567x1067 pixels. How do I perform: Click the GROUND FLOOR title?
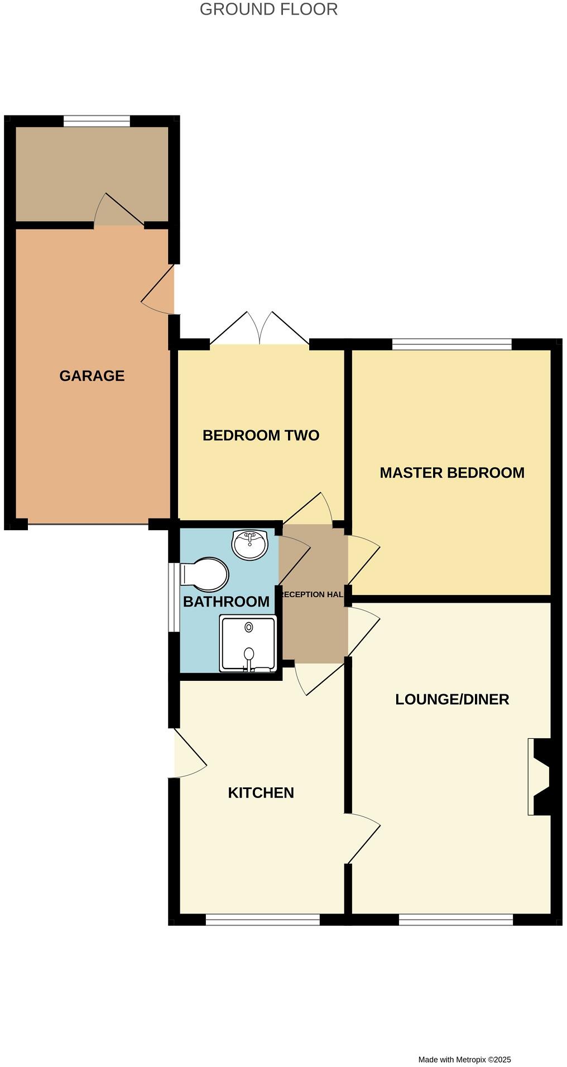point(268,9)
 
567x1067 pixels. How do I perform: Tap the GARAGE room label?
point(92,376)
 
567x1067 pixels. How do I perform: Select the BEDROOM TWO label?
point(261,435)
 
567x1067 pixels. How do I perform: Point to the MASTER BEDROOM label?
point(452,473)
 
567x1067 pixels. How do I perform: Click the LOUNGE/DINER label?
point(452,699)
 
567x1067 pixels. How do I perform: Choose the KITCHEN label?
point(261,792)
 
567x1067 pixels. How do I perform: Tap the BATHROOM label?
point(226,602)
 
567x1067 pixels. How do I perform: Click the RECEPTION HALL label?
point(313,594)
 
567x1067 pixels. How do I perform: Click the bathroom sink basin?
point(250,545)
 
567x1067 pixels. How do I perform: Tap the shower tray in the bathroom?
point(248,643)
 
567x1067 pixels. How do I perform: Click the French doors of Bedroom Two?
point(260,329)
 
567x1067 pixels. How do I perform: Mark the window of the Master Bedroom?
point(452,344)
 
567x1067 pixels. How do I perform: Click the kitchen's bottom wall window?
point(263,919)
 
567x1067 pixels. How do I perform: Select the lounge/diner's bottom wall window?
point(456,919)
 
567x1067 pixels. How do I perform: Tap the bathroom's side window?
point(174,597)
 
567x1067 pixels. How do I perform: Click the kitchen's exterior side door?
point(189,753)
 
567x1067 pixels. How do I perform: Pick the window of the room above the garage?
point(97,121)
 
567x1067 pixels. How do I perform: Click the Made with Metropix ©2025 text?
point(464,1059)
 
